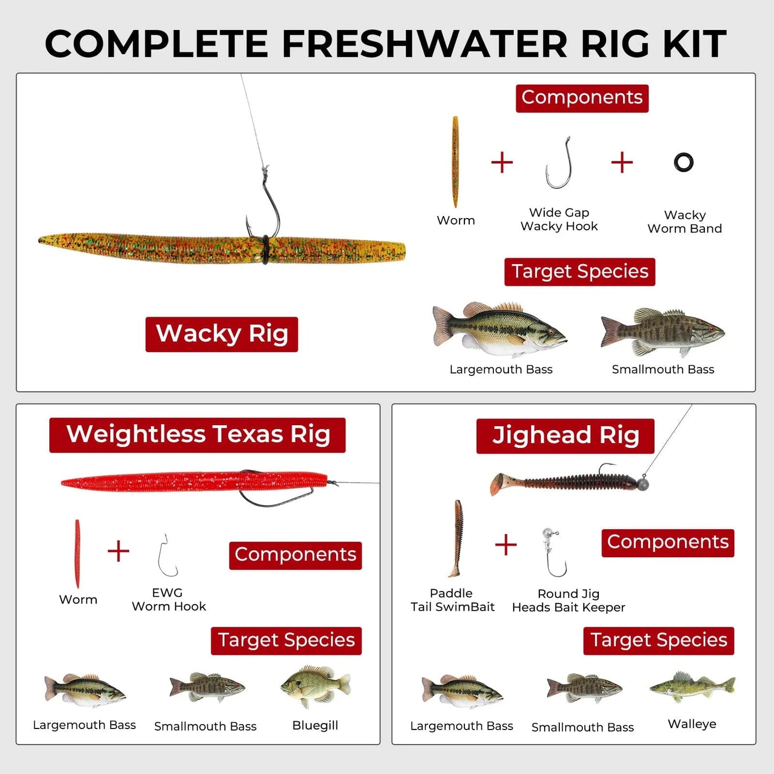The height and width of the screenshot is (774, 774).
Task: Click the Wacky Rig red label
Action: pos(221,334)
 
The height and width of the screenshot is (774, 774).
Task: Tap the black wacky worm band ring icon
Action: pos(683,162)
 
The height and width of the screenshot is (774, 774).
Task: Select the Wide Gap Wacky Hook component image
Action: pos(559,163)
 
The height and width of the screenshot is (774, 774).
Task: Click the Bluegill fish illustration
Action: pos(315,686)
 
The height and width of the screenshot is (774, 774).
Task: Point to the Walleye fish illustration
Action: pos(692,686)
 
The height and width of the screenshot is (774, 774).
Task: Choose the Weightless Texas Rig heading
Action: pos(197,434)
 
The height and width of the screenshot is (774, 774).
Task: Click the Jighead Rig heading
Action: pos(565,435)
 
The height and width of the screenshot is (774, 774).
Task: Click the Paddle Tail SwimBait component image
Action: pos(456,538)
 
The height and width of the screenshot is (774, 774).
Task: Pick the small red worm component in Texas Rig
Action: pos(78,554)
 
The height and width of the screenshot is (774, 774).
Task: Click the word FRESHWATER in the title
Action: pos(424,43)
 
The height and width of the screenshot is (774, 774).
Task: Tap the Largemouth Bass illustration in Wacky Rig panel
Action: pos(499,329)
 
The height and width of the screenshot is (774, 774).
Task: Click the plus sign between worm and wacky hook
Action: pos(502,162)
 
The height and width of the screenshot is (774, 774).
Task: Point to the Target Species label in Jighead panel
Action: pos(658,640)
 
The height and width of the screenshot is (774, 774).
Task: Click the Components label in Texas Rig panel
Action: pos(295,555)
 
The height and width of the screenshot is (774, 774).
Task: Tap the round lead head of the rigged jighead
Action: pos(642,484)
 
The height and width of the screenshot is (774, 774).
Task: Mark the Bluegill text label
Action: pos(315,725)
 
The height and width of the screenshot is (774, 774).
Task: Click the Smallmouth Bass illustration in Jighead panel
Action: pos(584,688)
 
